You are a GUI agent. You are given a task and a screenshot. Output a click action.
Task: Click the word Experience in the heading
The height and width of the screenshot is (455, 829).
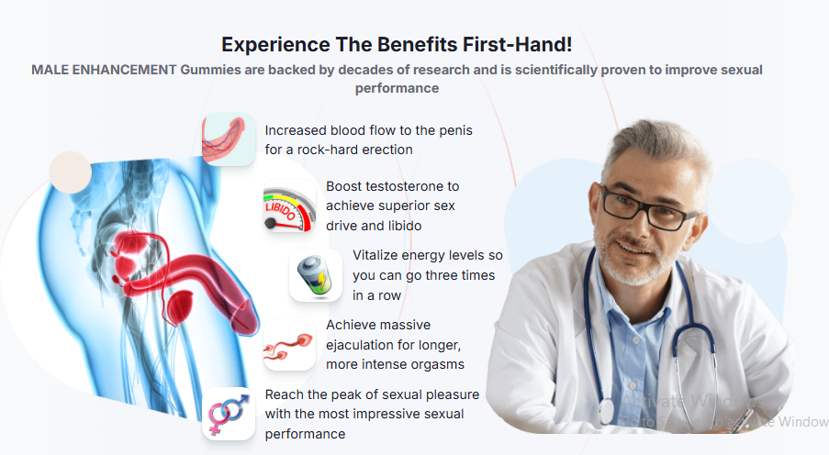point(274,45)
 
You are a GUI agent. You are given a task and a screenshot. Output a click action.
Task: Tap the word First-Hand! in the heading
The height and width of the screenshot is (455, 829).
point(518,44)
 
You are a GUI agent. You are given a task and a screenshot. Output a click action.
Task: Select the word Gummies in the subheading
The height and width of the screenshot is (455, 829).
point(210,70)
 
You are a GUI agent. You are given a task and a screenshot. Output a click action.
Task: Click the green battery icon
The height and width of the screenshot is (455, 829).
point(315,275)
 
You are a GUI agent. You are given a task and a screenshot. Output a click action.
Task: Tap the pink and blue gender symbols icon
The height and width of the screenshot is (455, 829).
point(229,415)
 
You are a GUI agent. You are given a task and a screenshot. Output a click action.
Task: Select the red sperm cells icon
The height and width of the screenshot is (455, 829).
point(289,345)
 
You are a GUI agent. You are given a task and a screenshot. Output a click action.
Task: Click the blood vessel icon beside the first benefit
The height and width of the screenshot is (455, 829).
point(228,139)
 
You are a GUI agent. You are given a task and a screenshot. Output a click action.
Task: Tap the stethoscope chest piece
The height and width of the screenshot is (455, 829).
point(606,412)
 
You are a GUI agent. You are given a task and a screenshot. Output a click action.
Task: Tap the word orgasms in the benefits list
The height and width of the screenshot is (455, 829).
point(440,364)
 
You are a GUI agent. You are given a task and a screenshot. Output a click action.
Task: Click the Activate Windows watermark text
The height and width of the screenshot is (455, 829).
point(692,402)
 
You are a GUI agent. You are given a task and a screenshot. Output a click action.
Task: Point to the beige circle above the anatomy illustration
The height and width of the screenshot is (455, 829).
point(70,172)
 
